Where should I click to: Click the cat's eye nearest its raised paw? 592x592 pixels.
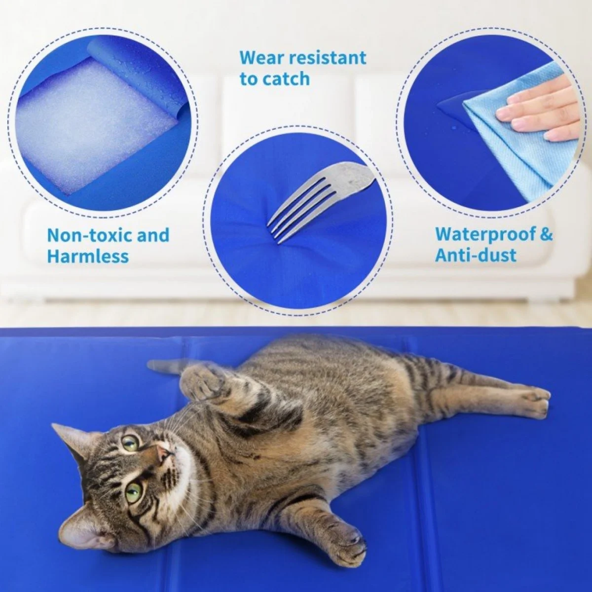[131, 442]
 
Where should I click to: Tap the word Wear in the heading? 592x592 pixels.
[262, 58]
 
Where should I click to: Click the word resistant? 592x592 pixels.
[328, 58]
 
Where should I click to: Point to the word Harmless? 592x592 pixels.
[88, 257]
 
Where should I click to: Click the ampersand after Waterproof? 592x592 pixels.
[546, 234]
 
